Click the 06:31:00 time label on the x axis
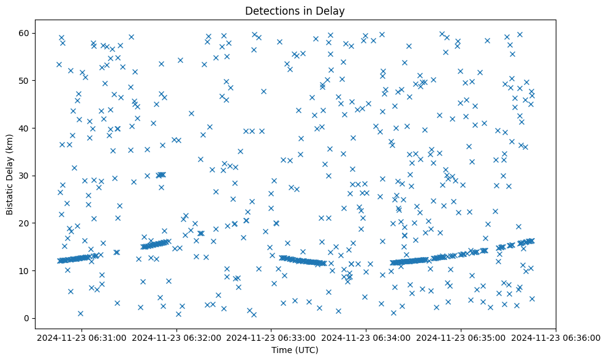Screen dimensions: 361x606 point(82,337)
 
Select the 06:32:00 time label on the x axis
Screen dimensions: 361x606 point(177,337)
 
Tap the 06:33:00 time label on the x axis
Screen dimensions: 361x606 point(271,337)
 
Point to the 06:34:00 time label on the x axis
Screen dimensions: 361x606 point(366,337)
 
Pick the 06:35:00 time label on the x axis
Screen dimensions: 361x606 point(461,337)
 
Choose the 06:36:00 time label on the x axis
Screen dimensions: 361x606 point(556,337)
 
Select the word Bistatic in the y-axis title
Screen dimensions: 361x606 point(10,193)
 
